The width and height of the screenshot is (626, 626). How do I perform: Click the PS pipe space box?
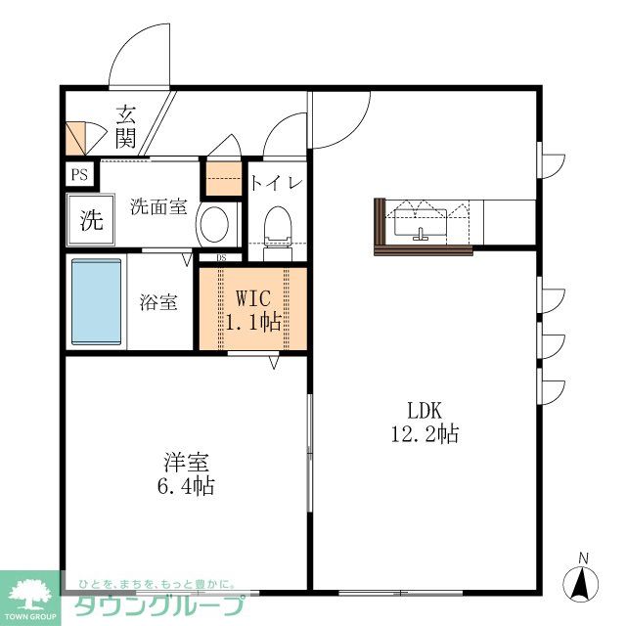click(80, 174)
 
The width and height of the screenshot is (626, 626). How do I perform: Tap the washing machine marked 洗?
click(91, 219)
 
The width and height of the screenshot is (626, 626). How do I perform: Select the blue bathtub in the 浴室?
click(96, 301)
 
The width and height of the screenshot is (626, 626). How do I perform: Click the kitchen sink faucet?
click(420, 235)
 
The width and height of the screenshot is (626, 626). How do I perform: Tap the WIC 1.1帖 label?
click(252, 310)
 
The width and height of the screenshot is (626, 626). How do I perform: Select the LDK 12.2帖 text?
click(425, 422)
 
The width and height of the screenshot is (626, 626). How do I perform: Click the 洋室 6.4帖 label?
click(186, 473)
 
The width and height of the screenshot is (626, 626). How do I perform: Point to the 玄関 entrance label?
click(125, 126)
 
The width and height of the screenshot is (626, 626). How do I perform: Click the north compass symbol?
click(580, 579)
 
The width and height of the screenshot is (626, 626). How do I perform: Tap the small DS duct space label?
click(221, 257)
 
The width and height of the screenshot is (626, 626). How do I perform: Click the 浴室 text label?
click(158, 302)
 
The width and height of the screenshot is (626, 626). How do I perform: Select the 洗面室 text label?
click(158, 206)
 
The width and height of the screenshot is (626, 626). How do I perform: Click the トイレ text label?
click(276, 183)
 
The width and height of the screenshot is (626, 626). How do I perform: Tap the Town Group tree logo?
click(30, 596)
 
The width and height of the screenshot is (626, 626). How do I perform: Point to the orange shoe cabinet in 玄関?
click(76, 138)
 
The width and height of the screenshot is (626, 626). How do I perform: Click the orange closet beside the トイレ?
click(224, 178)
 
